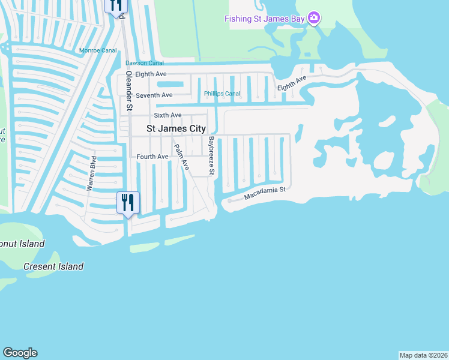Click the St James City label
pyautogui.click(x=176, y=128)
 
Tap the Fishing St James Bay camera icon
pyautogui.click(x=313, y=18)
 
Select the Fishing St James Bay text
pyautogui.click(x=265, y=19)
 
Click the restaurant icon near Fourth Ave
pyautogui.click(x=128, y=202)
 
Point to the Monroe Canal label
pyautogui.click(x=98, y=50)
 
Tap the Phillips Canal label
pyautogui.click(x=222, y=94)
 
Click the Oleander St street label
pyautogui.click(x=128, y=91)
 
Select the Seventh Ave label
pyautogui.click(x=154, y=95)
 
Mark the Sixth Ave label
pyautogui.click(x=167, y=115)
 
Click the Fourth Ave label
pyautogui.click(x=152, y=157)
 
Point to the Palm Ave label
pyautogui.click(x=181, y=157)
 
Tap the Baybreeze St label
pyautogui.click(x=211, y=155)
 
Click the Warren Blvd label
pyautogui.click(x=92, y=173)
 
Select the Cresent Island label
pyautogui.click(x=53, y=266)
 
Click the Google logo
pyautogui.click(x=20, y=353)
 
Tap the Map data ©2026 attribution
pyautogui.click(x=423, y=355)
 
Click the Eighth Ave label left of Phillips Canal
pyautogui.click(x=151, y=74)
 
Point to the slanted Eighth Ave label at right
pyautogui.click(x=292, y=83)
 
